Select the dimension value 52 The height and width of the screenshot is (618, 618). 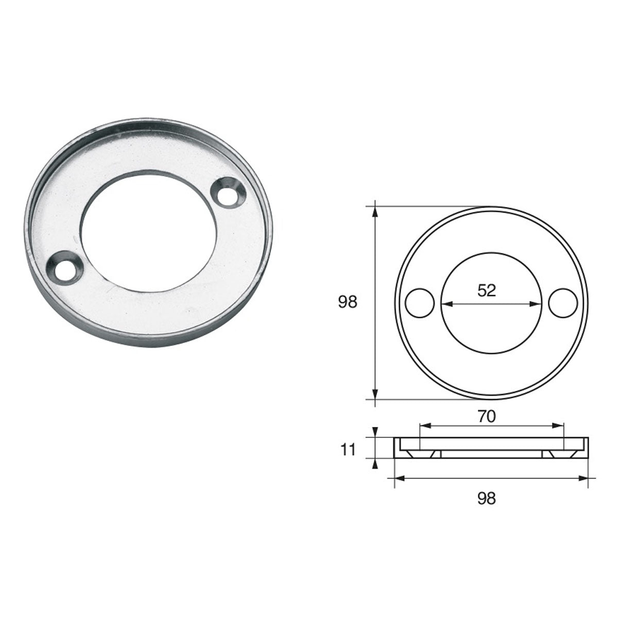click(x=487, y=291)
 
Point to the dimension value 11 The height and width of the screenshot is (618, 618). click(x=348, y=450)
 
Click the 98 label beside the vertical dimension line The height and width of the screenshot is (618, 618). click(x=348, y=302)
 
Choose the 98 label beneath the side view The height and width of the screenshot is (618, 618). click(x=487, y=498)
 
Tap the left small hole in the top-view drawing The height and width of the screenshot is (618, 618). click(x=420, y=303)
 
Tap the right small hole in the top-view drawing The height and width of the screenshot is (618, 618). click(x=562, y=303)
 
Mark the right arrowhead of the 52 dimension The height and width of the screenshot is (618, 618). click(x=536, y=304)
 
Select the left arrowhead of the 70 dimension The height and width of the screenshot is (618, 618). click(x=424, y=425)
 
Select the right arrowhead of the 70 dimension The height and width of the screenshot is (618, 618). click(x=560, y=425)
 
